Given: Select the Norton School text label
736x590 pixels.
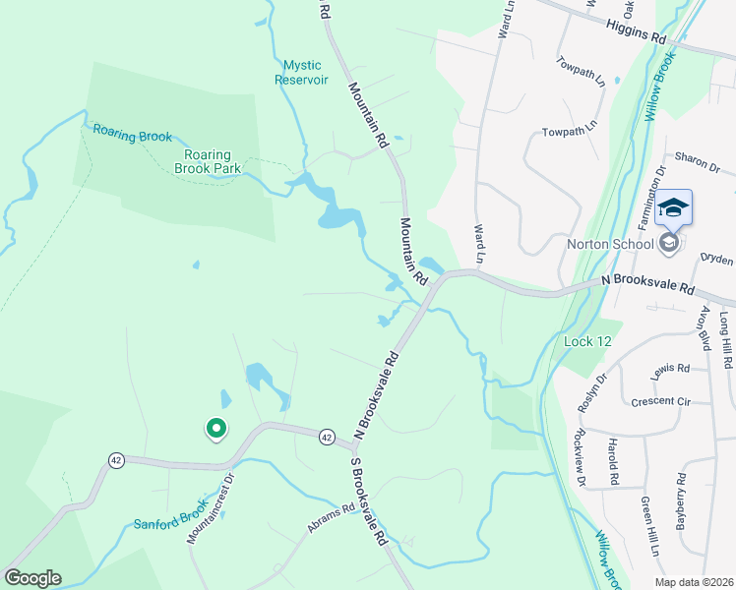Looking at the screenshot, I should pyautogui.click(x=610, y=244).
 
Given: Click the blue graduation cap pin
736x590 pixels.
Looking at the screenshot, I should pyautogui.click(x=673, y=208).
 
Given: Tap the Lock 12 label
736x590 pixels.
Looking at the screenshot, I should pyautogui.click(x=588, y=341).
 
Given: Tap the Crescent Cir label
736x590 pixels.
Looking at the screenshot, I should pyautogui.click(x=661, y=401).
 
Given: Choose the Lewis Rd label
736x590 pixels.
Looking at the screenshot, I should pyautogui.click(x=670, y=368).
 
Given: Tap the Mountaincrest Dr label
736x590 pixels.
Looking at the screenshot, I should pyautogui.click(x=208, y=509).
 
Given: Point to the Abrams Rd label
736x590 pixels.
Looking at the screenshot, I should pyautogui.click(x=329, y=518).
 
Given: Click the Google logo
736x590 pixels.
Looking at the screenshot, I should pyautogui.click(x=32, y=578).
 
